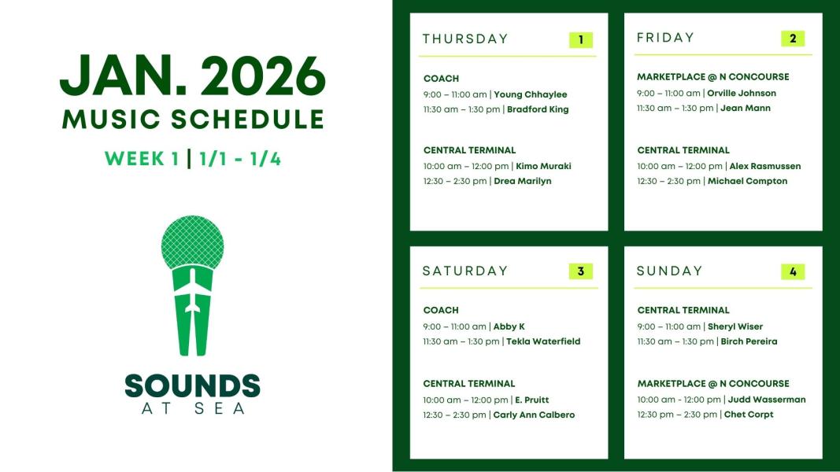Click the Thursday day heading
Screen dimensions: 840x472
click(x=465, y=39)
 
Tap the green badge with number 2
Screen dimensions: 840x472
click(x=793, y=39)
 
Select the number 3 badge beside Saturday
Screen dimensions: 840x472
click(x=581, y=271)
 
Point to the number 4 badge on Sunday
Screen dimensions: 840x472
click(x=793, y=272)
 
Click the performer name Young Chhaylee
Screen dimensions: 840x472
click(x=531, y=94)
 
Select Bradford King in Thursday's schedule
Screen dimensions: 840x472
click(x=538, y=109)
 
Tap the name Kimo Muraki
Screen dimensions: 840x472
click(x=543, y=167)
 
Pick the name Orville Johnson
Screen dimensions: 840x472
click(x=742, y=93)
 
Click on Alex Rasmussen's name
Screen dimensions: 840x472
click(x=765, y=167)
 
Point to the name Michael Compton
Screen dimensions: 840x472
click(x=747, y=182)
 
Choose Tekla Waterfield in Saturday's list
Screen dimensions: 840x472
click(x=543, y=341)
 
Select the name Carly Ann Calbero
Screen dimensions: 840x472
click(x=534, y=415)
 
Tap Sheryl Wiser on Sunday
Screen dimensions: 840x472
click(x=735, y=326)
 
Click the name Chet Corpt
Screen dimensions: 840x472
click(x=749, y=415)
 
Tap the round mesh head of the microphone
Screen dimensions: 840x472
click(x=192, y=242)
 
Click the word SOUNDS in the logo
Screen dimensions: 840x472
click(x=192, y=385)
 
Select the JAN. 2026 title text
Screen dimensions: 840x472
click(x=193, y=76)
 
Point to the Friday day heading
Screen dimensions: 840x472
click(x=665, y=38)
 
